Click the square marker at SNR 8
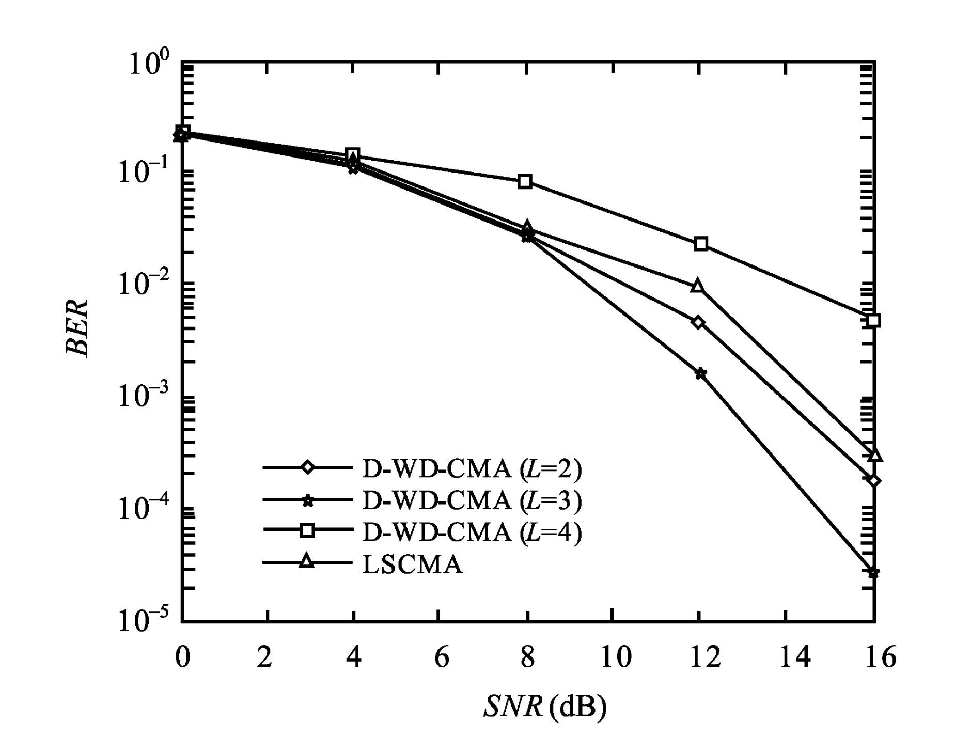coord(525,181)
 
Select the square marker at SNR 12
coord(700,244)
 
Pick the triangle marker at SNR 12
coord(698,286)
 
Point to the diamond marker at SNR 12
coord(699,322)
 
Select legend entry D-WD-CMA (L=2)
coord(472,468)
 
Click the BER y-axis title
coord(77,327)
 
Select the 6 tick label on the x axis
coord(441,659)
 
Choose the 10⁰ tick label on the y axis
coord(148,66)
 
